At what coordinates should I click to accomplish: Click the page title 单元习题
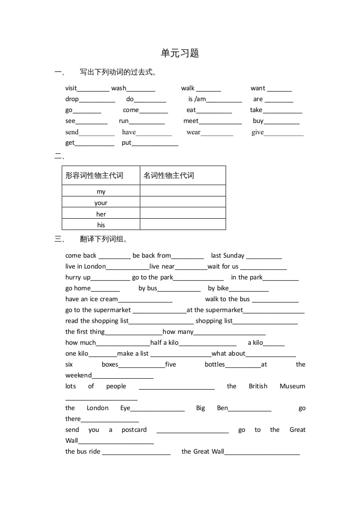[x=180, y=53]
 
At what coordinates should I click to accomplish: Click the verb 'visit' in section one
[x=71, y=88]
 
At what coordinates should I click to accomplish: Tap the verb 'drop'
[x=72, y=99]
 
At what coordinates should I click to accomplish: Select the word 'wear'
[x=193, y=132]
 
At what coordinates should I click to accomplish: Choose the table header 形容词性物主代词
[x=94, y=176]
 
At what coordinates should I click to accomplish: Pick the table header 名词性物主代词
[x=169, y=176]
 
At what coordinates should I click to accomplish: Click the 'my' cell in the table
[x=101, y=191]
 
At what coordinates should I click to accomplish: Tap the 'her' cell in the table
[x=101, y=214]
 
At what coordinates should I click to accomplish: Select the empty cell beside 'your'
[x=182, y=202]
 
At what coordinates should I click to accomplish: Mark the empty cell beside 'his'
[x=182, y=225]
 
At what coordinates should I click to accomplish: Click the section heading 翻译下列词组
[x=104, y=239]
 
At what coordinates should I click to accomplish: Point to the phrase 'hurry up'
[x=78, y=277]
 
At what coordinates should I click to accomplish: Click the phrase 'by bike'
[x=218, y=288]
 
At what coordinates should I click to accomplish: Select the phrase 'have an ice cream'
[x=91, y=299]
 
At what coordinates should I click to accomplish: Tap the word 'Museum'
[x=292, y=386]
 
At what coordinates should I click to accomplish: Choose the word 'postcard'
[x=134, y=430]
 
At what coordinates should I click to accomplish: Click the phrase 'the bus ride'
[x=83, y=451]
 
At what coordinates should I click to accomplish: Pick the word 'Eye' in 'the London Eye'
[x=125, y=408]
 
